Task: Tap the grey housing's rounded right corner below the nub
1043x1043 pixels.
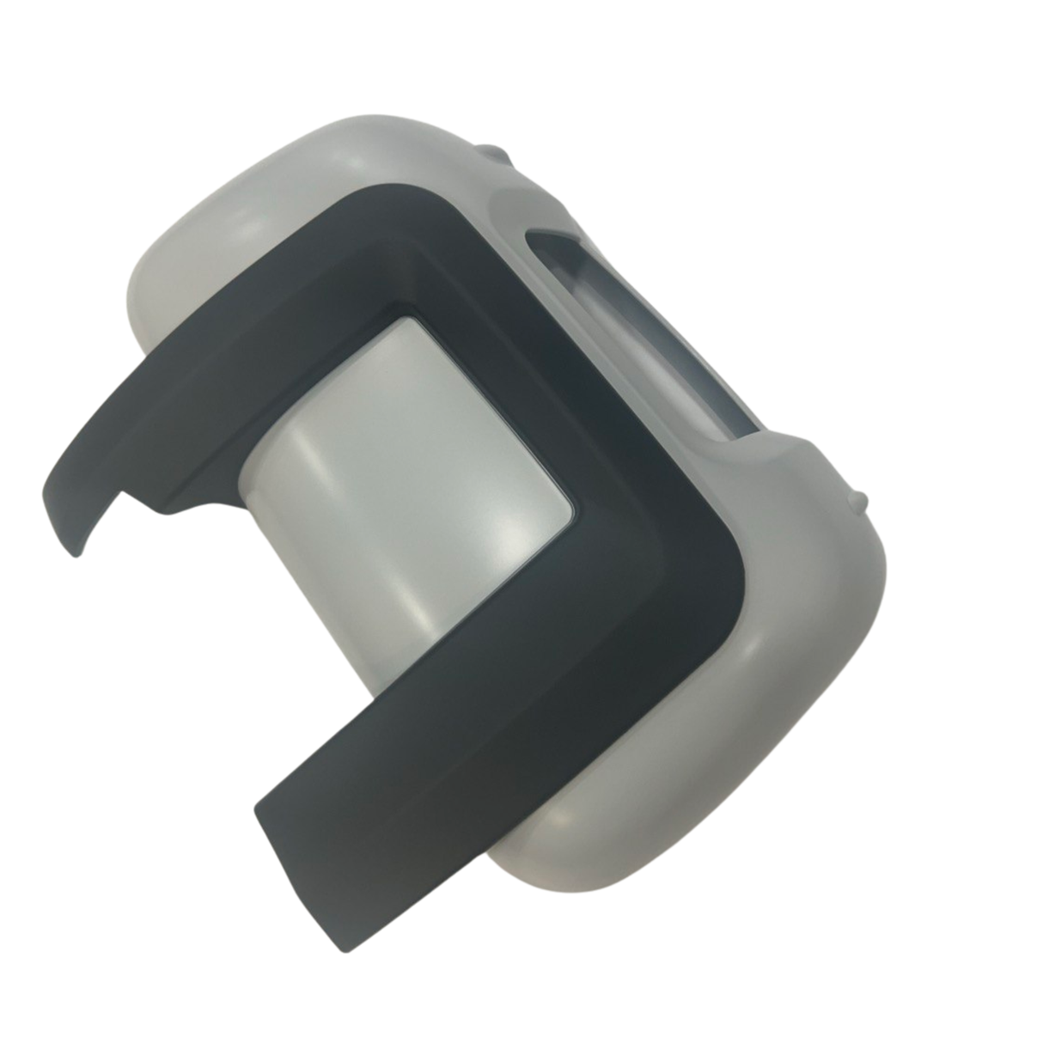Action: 859,601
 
